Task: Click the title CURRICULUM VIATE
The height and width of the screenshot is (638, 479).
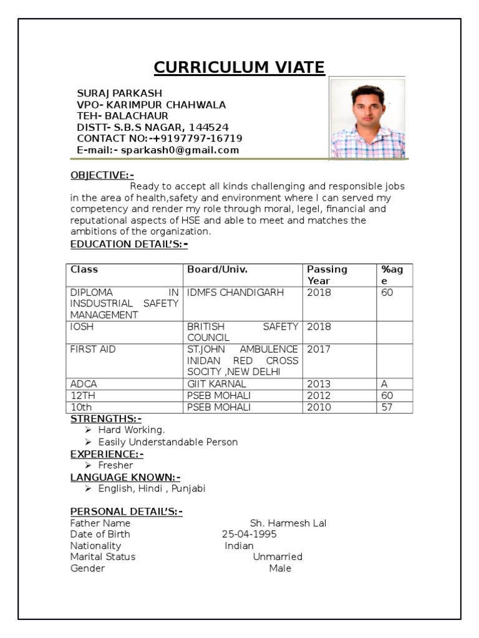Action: coord(239,67)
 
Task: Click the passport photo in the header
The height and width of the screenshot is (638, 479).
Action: coord(367,118)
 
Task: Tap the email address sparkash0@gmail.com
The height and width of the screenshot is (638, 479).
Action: coord(180,150)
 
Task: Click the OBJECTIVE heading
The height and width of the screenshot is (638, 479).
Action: coord(102,176)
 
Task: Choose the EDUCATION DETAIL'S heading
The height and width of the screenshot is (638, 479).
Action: coord(128,244)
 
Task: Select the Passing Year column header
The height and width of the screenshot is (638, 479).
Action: coord(327,275)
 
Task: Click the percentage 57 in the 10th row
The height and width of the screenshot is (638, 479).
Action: coord(387,407)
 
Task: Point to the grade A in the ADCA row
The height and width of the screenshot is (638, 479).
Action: coord(384,384)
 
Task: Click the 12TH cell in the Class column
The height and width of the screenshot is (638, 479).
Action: coord(82,396)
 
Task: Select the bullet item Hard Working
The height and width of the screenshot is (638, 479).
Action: coord(132,430)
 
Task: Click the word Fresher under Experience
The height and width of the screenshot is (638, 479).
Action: coord(115,465)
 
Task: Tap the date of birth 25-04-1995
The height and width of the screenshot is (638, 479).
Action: coord(249,535)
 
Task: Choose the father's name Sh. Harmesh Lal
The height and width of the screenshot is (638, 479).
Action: coord(288,523)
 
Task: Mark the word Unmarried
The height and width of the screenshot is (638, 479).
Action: coord(278,556)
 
